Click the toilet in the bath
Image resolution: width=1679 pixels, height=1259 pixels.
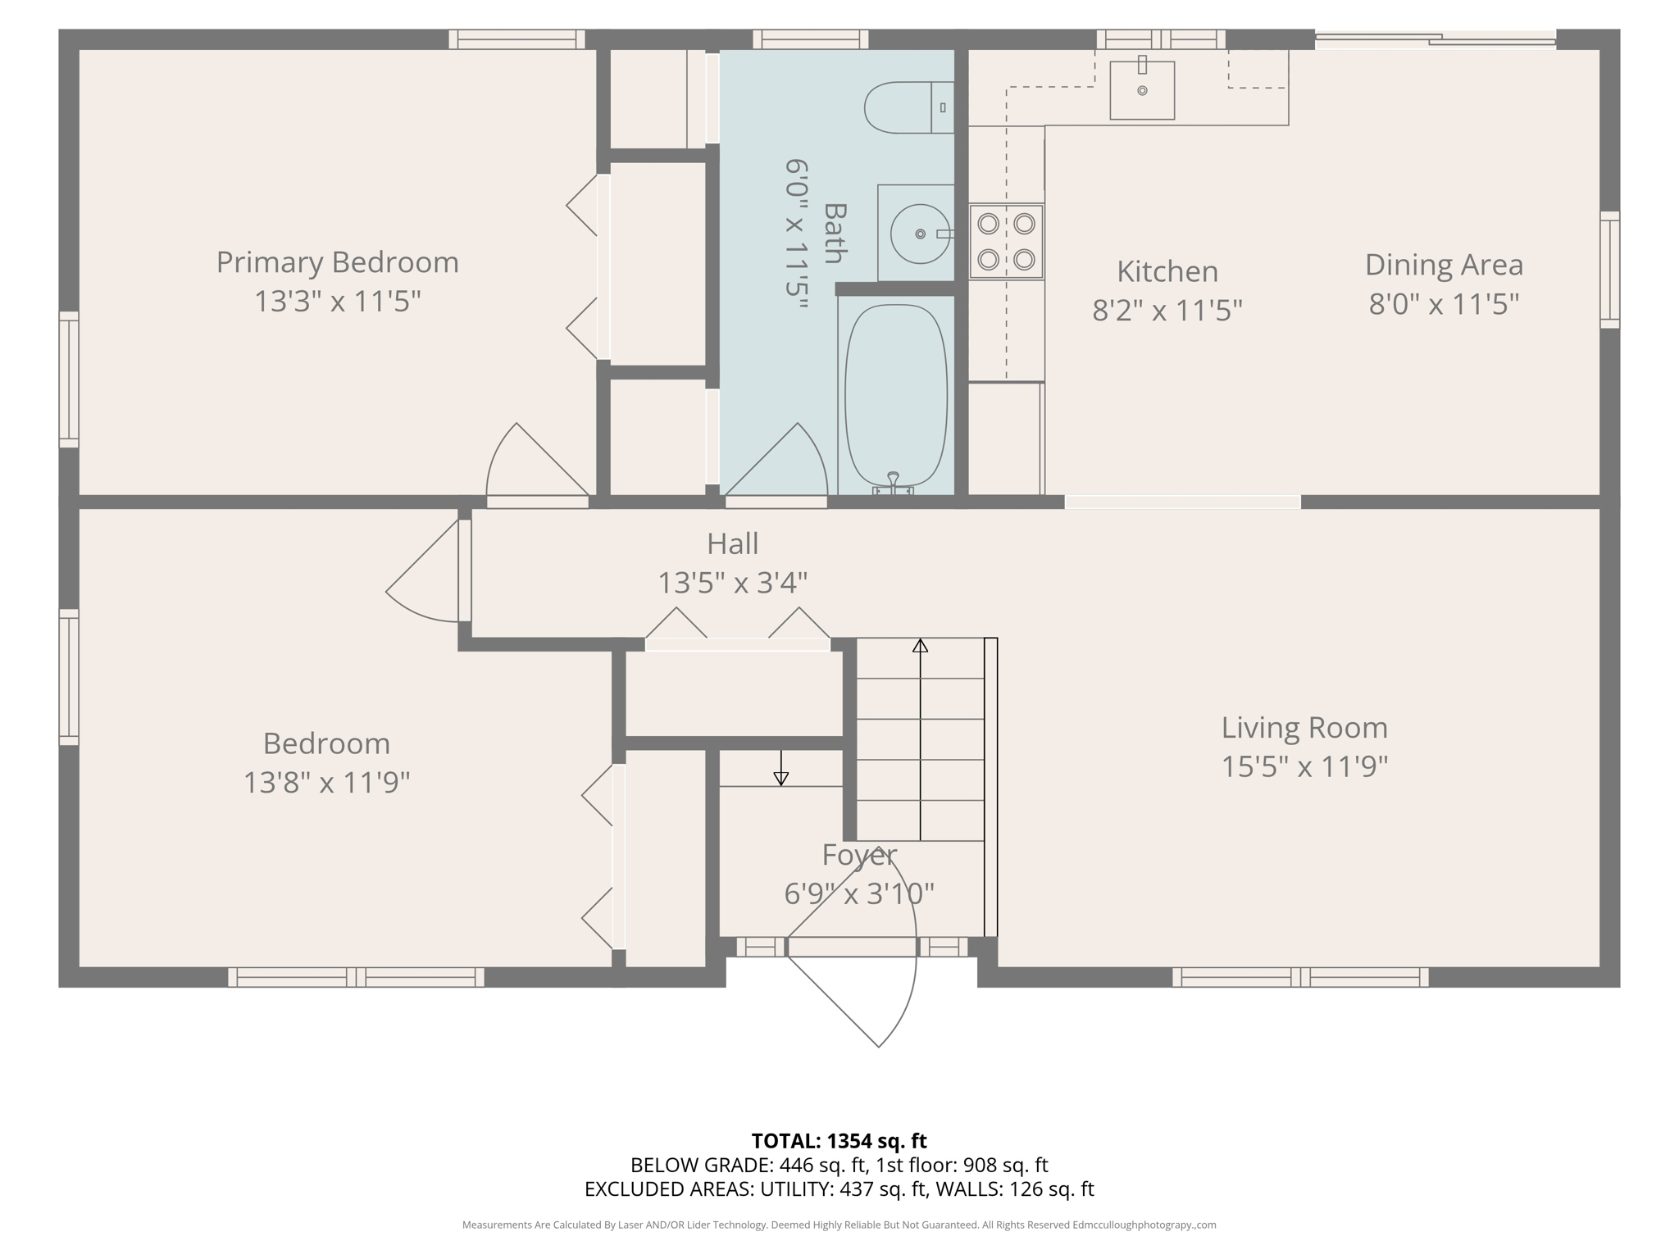(906, 107)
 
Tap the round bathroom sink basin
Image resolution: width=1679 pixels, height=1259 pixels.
(920, 234)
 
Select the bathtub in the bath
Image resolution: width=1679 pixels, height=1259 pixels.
(896, 397)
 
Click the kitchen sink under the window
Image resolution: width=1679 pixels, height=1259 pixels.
(1142, 90)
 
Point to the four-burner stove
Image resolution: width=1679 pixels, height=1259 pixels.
(1006, 242)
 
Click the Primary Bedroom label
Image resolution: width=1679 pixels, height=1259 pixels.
(337, 262)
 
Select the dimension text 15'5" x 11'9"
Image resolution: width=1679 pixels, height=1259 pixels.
(1304, 767)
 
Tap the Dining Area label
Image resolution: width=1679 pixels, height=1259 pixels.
(1443, 265)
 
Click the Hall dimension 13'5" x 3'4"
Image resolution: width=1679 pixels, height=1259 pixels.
(732, 583)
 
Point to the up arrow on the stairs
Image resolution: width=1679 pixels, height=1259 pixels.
(920, 647)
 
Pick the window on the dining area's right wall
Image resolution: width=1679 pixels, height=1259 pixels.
(1609, 270)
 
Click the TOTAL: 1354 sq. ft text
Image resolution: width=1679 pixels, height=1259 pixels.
(839, 1141)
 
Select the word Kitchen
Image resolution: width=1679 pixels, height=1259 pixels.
(1167, 271)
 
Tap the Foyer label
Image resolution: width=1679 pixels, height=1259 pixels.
(858, 855)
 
